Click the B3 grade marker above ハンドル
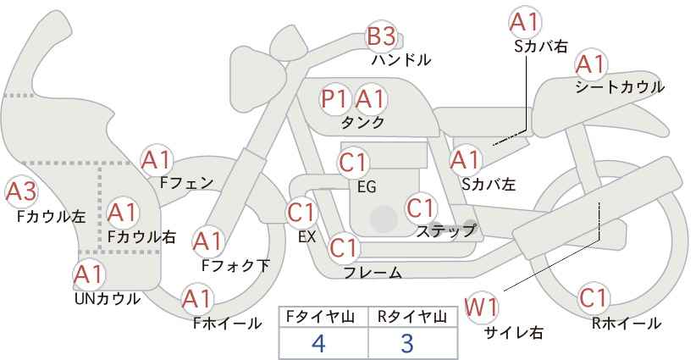point(381,36)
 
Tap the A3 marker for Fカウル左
point(21,191)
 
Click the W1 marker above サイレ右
point(481,307)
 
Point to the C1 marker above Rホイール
point(593,298)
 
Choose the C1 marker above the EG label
point(354,163)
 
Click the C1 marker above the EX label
point(301,213)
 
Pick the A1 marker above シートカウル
point(591,65)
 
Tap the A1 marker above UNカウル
point(89,275)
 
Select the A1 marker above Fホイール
point(197,299)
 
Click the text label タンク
point(362,122)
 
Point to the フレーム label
point(373,273)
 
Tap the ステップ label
point(445,231)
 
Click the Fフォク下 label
point(235,265)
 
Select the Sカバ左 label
point(489,184)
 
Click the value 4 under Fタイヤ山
point(318,343)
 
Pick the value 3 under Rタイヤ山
point(407,343)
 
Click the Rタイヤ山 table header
point(412,317)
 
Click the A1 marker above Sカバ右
point(525,23)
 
